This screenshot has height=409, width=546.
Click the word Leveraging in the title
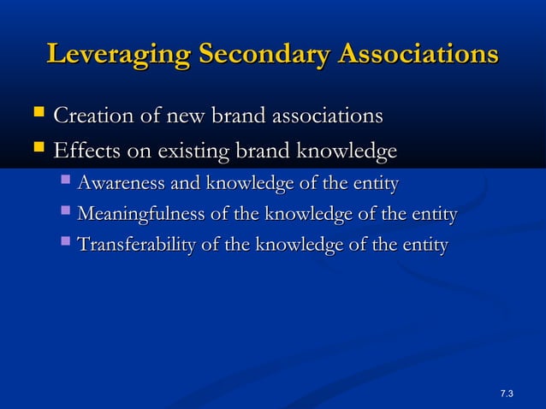119,55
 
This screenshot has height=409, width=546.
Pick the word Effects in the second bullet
83,151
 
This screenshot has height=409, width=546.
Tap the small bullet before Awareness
66,183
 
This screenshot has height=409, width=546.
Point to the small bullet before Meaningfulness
66,214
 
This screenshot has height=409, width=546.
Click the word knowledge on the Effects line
347,152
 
